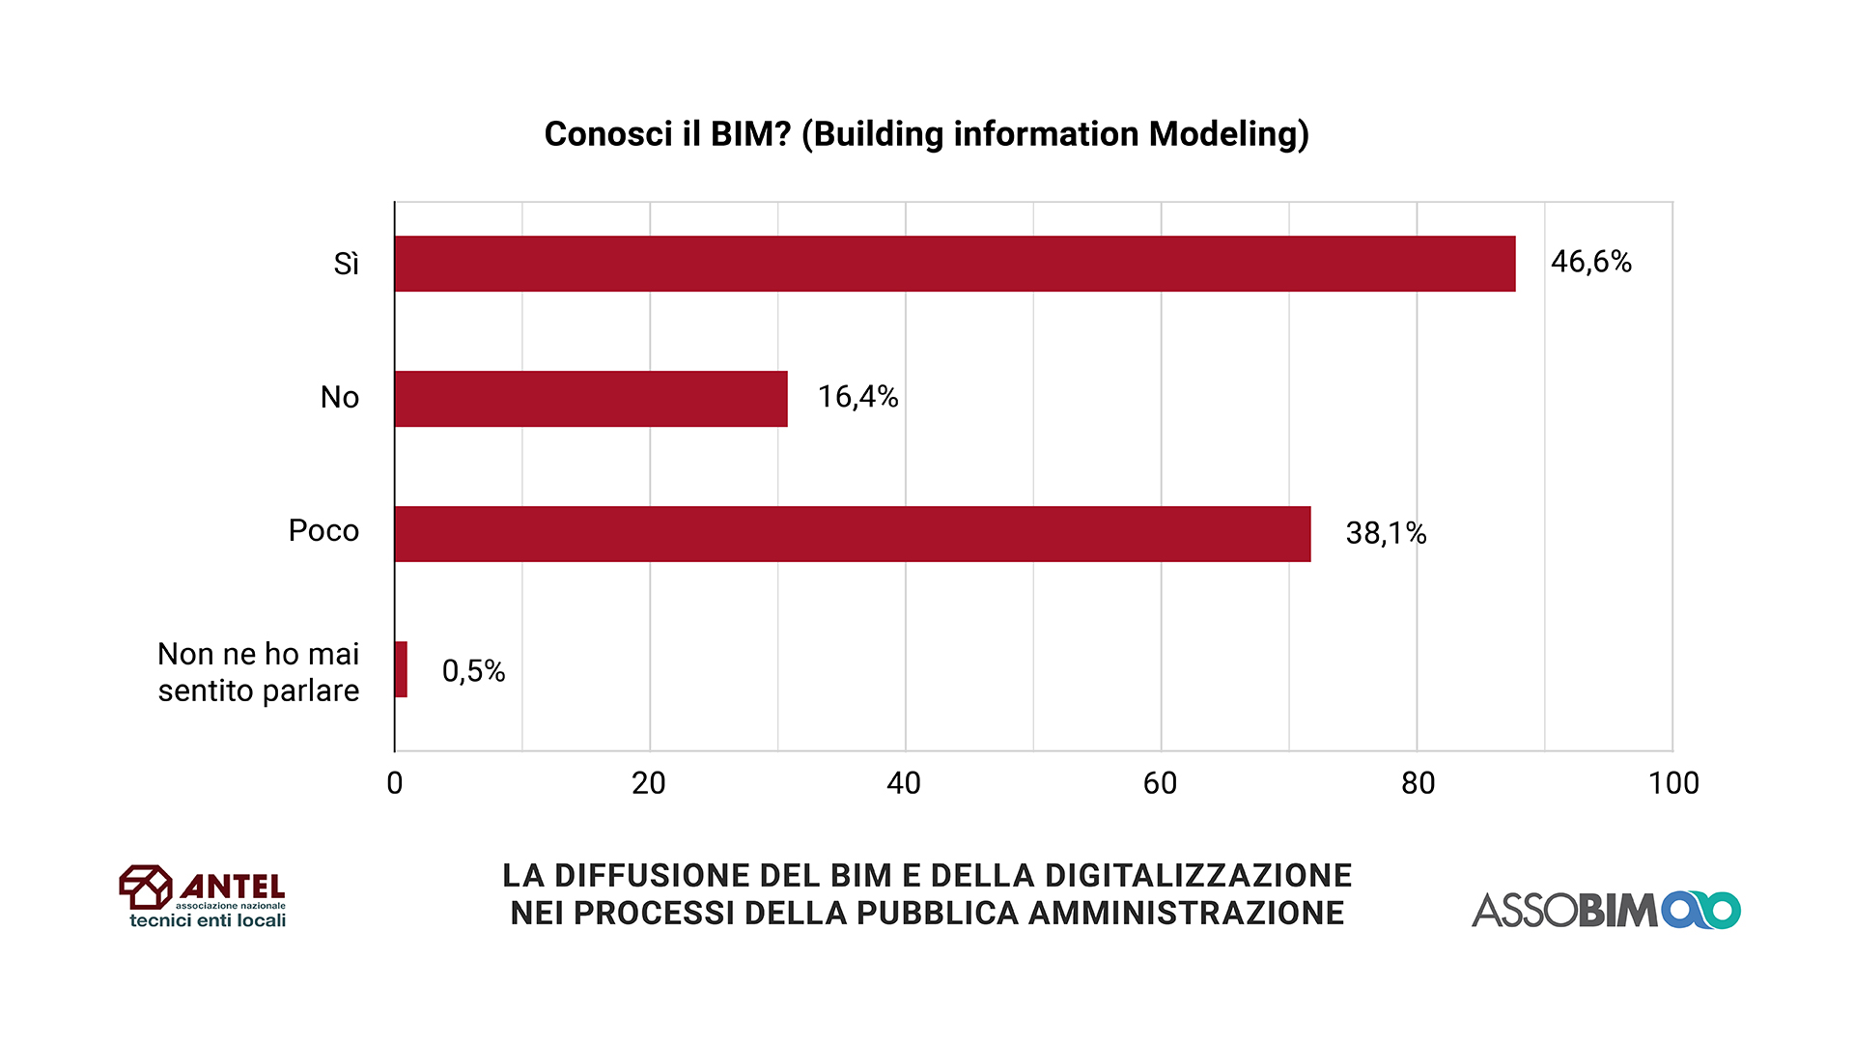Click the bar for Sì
[x=954, y=264]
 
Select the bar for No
[x=591, y=399]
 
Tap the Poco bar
[x=852, y=534]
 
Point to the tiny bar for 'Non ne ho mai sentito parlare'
[x=401, y=669]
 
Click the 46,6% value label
[x=1590, y=262]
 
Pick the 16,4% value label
[x=857, y=397]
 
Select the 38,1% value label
[x=1386, y=533]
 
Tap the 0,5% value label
[x=473, y=671]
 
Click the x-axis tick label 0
[x=395, y=783]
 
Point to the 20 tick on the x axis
[x=649, y=783]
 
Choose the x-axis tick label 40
[x=904, y=783]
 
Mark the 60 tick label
[x=1160, y=783]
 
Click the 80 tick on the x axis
[x=1418, y=783]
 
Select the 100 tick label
[x=1673, y=783]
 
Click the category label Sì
[x=346, y=264]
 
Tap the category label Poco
[x=323, y=531]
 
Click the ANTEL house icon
[x=145, y=887]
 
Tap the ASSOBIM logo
[x=1605, y=910]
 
